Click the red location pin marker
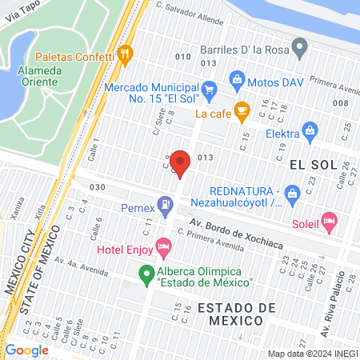[181, 162]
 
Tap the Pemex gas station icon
[165, 206]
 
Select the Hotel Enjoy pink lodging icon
[164, 244]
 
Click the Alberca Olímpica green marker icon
[146, 276]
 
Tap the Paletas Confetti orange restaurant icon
[124, 54]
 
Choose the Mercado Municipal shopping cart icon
[209, 88]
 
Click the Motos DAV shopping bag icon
[237, 78]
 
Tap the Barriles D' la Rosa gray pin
[300, 49]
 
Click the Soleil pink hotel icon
[328, 219]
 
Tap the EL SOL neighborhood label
[309, 164]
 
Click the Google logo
[27, 350]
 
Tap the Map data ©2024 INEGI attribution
[312, 354]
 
